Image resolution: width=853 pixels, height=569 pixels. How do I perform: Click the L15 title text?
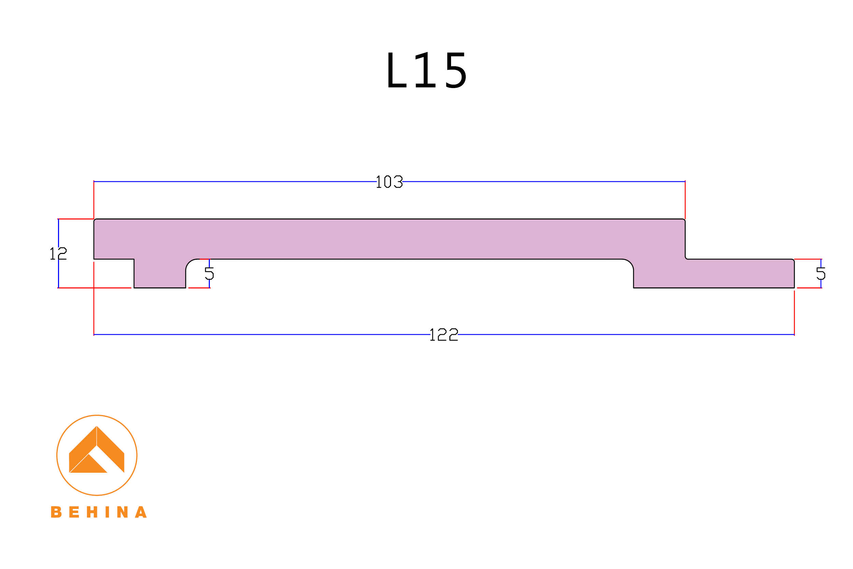click(x=426, y=70)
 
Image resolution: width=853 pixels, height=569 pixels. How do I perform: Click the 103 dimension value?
click(x=389, y=182)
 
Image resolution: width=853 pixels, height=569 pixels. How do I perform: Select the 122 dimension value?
click(x=444, y=335)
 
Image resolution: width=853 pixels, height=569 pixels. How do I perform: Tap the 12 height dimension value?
click(x=58, y=254)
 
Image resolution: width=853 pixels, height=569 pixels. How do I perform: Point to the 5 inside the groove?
click(x=209, y=273)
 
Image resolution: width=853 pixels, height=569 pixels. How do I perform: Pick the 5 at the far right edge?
click(x=821, y=273)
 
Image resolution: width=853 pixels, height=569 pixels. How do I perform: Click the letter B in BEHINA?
click(x=56, y=512)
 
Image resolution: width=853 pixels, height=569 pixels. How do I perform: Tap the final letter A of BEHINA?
click(x=141, y=512)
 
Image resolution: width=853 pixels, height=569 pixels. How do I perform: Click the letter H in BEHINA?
click(x=92, y=512)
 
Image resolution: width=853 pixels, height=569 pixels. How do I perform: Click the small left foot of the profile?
click(x=160, y=274)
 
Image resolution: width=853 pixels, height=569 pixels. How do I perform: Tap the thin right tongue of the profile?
click(x=740, y=273)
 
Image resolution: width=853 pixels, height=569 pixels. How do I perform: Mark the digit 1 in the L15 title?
click(x=425, y=70)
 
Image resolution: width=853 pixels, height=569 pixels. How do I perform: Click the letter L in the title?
click(x=396, y=70)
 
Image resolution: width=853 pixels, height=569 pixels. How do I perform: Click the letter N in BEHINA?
click(x=122, y=512)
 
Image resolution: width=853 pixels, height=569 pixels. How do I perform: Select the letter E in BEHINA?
click(x=74, y=512)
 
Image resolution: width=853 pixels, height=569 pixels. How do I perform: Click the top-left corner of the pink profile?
click(x=95, y=220)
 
